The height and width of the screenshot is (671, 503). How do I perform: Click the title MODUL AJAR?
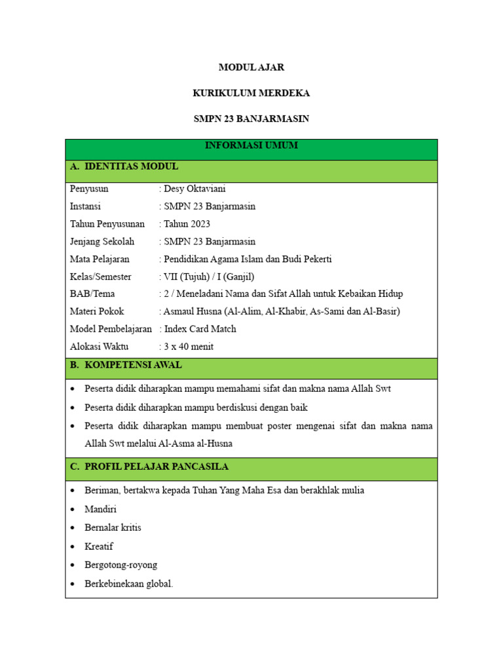point(251,67)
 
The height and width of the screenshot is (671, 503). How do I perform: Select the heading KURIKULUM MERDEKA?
point(251,93)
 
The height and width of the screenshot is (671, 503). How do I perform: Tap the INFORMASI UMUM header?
point(251,145)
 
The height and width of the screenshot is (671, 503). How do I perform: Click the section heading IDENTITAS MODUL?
point(131,166)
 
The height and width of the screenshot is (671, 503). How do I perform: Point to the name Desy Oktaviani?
point(195,189)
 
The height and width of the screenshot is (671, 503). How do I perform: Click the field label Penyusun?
point(89,189)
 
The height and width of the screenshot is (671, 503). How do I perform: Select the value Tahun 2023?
point(187,224)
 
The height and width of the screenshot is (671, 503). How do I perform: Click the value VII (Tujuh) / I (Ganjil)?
point(209,277)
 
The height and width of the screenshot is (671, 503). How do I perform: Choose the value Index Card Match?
point(200,329)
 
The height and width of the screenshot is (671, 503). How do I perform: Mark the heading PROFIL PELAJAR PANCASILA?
point(156,467)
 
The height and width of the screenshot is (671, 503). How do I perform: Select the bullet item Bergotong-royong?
point(121,565)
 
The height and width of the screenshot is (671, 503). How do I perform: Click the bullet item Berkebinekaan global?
point(128,584)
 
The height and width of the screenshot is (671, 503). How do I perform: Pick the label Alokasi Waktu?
point(99,347)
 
